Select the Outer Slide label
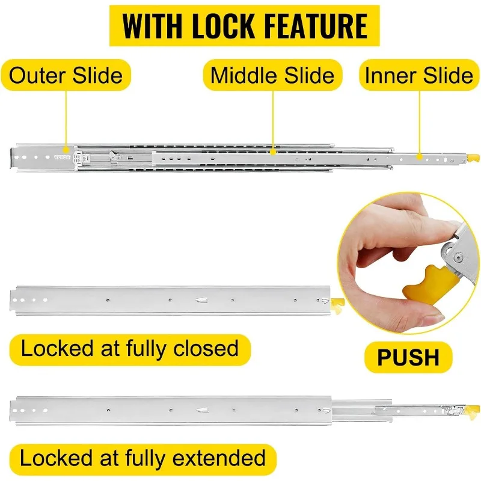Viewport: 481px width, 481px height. [x=66, y=75]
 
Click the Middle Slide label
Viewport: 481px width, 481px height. [x=272, y=75]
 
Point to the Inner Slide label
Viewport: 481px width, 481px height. [x=419, y=75]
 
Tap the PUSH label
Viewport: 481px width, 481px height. [x=408, y=357]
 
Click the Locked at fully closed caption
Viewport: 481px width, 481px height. [x=130, y=348]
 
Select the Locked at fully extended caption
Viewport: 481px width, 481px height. [x=143, y=458]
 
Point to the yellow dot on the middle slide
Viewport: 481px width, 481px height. [x=273, y=153]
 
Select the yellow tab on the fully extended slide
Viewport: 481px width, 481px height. [x=473, y=411]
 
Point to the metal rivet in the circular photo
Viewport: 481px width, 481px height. [x=458, y=258]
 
